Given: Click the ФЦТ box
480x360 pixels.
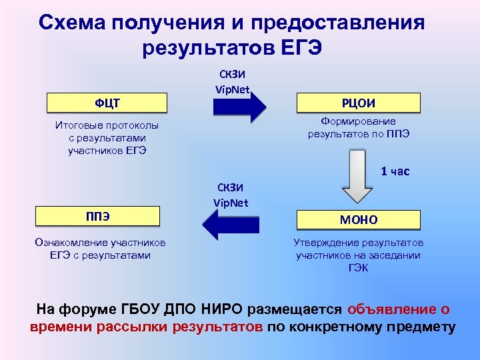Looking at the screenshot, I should click(107, 103).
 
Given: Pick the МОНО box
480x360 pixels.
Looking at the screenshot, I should click(359, 219).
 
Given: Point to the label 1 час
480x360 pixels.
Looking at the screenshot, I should click(395, 171).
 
